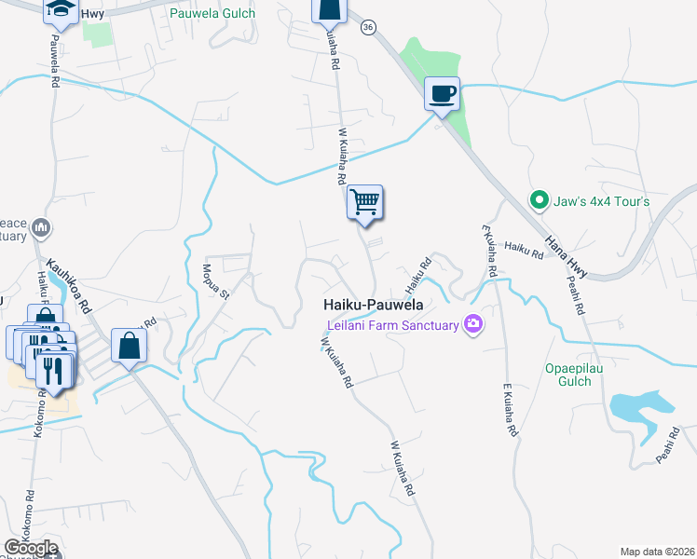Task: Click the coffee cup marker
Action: click(442, 93)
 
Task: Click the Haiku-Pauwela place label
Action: click(373, 305)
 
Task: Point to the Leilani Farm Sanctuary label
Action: click(393, 325)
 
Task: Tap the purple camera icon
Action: click(474, 324)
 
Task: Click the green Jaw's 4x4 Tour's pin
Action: click(538, 199)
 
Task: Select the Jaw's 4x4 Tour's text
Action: click(602, 201)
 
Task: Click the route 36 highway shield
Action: click(369, 29)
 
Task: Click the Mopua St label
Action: click(215, 280)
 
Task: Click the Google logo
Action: click(31, 548)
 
